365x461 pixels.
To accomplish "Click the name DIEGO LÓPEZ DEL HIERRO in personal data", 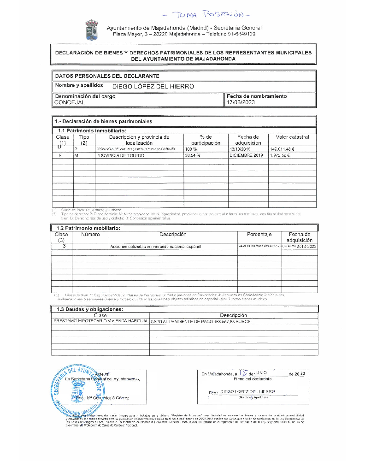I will [x=153, y=86].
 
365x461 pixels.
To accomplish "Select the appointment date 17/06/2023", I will [x=240, y=103].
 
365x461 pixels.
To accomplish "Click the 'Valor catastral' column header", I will [x=292, y=137].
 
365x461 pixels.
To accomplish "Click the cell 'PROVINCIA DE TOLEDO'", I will [x=120, y=156].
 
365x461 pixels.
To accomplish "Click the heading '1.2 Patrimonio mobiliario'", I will [x=88, y=228].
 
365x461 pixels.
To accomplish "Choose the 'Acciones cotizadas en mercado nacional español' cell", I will [x=156, y=247].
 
